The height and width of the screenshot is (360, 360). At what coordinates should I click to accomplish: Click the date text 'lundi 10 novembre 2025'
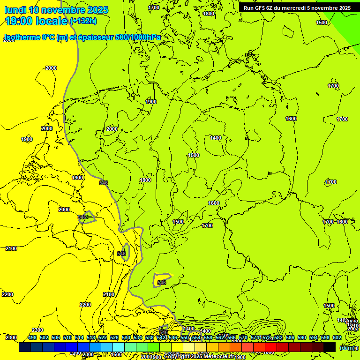click(56, 10)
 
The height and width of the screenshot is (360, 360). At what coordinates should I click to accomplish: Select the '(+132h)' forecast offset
click(83, 21)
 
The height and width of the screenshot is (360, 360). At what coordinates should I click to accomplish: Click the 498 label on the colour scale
click(32, 338)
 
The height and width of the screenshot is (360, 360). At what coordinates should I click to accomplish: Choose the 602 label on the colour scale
click(337, 338)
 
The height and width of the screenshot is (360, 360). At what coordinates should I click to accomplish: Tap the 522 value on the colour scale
click(103, 338)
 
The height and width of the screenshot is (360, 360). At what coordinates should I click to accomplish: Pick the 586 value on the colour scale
click(290, 338)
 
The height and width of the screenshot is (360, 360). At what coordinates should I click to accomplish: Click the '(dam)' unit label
click(347, 348)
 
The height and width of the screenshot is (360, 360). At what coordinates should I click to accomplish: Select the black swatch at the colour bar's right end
click(330, 347)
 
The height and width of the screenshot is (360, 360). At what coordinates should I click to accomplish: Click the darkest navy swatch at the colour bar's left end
click(24, 347)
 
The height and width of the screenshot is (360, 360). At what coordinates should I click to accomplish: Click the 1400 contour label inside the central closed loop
click(216, 138)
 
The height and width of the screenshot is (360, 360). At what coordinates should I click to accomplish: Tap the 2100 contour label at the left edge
click(11, 248)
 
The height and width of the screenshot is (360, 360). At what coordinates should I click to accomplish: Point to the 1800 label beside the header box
click(209, 14)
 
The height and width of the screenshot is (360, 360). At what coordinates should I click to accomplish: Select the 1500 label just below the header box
click(322, 23)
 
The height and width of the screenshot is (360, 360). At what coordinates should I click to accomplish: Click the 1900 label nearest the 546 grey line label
click(78, 178)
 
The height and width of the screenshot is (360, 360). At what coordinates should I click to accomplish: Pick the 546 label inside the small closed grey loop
click(162, 283)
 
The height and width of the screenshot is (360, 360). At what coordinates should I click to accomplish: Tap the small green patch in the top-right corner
click(347, 19)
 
